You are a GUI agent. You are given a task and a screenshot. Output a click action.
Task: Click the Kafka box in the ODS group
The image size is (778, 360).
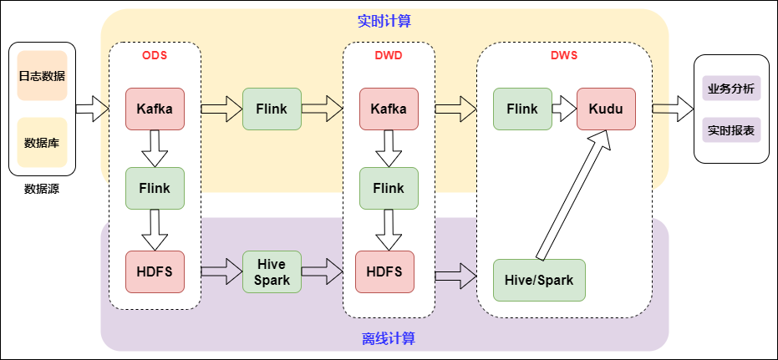coord(155,109)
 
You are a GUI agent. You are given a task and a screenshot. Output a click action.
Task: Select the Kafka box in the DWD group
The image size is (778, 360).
coord(389,109)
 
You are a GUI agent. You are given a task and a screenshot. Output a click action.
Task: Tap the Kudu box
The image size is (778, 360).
coord(606,109)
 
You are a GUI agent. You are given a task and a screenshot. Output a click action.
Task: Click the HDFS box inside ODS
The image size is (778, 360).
coord(155,271)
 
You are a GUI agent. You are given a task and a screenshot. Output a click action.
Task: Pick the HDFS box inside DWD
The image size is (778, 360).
coord(384,271)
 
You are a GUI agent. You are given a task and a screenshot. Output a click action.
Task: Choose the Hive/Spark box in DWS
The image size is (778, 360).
coord(539,280)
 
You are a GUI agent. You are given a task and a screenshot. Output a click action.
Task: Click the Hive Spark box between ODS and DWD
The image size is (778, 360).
coord(272,271)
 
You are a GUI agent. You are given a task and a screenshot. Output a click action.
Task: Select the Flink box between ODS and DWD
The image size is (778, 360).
coord(272,109)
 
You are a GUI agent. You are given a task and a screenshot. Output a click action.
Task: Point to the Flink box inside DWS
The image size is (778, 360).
coord(522,109)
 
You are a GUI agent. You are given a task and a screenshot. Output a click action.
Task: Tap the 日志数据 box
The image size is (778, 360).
coord(42,76)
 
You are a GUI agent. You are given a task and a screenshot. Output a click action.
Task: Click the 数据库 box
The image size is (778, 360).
coord(42,142)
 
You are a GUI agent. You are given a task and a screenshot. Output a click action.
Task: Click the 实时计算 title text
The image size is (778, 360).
coord(384,21)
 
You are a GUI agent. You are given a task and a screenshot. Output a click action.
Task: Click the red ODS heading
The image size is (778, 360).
coord(155,56)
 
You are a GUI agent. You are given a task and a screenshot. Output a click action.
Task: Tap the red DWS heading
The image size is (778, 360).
coord(563,56)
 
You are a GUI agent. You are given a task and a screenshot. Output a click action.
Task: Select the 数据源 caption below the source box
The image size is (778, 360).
coord(42,189)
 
